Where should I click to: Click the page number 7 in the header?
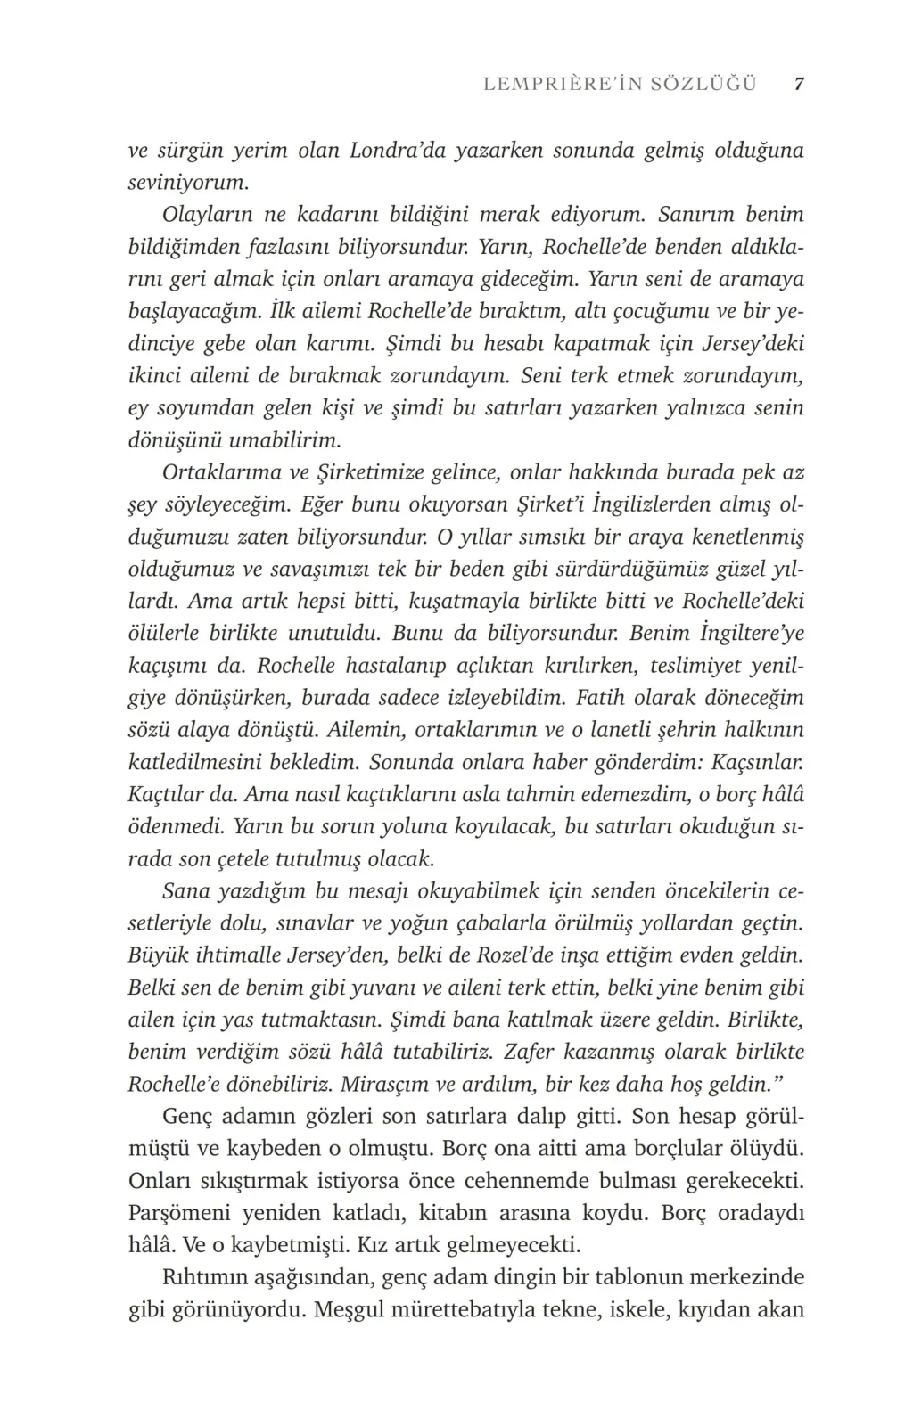coord(799,84)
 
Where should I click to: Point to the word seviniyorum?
coord(187,183)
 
